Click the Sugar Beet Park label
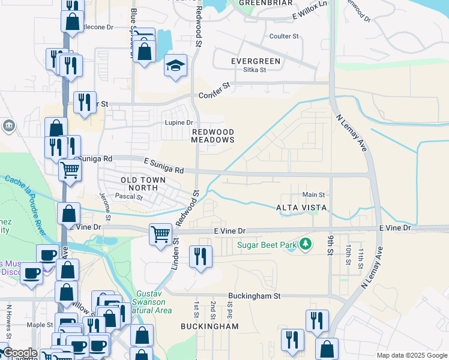pos(268,244)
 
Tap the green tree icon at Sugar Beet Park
pos(306,244)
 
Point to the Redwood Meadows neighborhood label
pos(212,136)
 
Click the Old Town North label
pos(131,184)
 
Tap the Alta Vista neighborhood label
pos(301,208)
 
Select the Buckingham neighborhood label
pos(209,326)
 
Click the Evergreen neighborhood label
pos(256,61)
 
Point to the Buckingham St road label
pos(255,296)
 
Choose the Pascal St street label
pos(129,196)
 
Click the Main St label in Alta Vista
pos(313,194)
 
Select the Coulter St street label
pos(284,37)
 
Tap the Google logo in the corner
pos(19,353)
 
